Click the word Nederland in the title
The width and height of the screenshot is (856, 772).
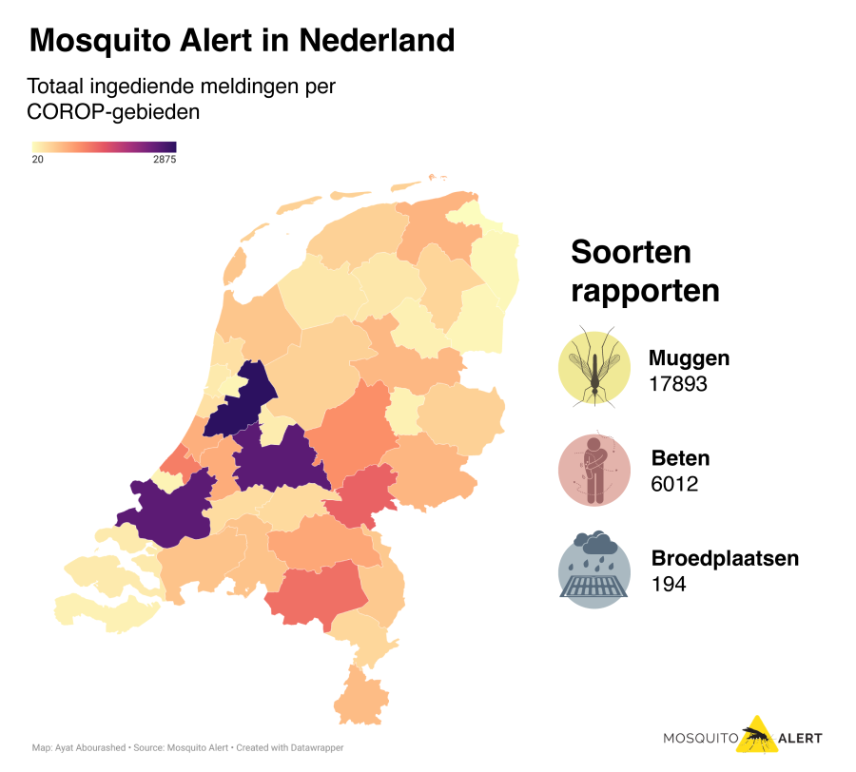[x=376, y=40]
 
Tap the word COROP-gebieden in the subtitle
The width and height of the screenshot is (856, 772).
[x=113, y=111]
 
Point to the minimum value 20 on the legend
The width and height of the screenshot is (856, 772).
[x=38, y=160]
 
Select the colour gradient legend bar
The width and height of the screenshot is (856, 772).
[x=104, y=146]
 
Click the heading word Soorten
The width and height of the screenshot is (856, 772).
[x=631, y=253]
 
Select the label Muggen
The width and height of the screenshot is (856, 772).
[x=689, y=358]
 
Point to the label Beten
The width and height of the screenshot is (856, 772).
[x=680, y=458]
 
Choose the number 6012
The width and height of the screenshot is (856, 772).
[x=674, y=484]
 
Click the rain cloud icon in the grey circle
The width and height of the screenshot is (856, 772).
[x=594, y=570]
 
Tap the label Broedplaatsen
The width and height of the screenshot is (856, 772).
[x=725, y=558]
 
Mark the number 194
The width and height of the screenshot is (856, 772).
[x=669, y=584]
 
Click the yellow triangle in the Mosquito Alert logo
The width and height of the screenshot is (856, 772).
[x=756, y=735]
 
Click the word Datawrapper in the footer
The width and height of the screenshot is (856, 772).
[x=315, y=748]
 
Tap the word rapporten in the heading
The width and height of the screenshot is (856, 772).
[x=645, y=291]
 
